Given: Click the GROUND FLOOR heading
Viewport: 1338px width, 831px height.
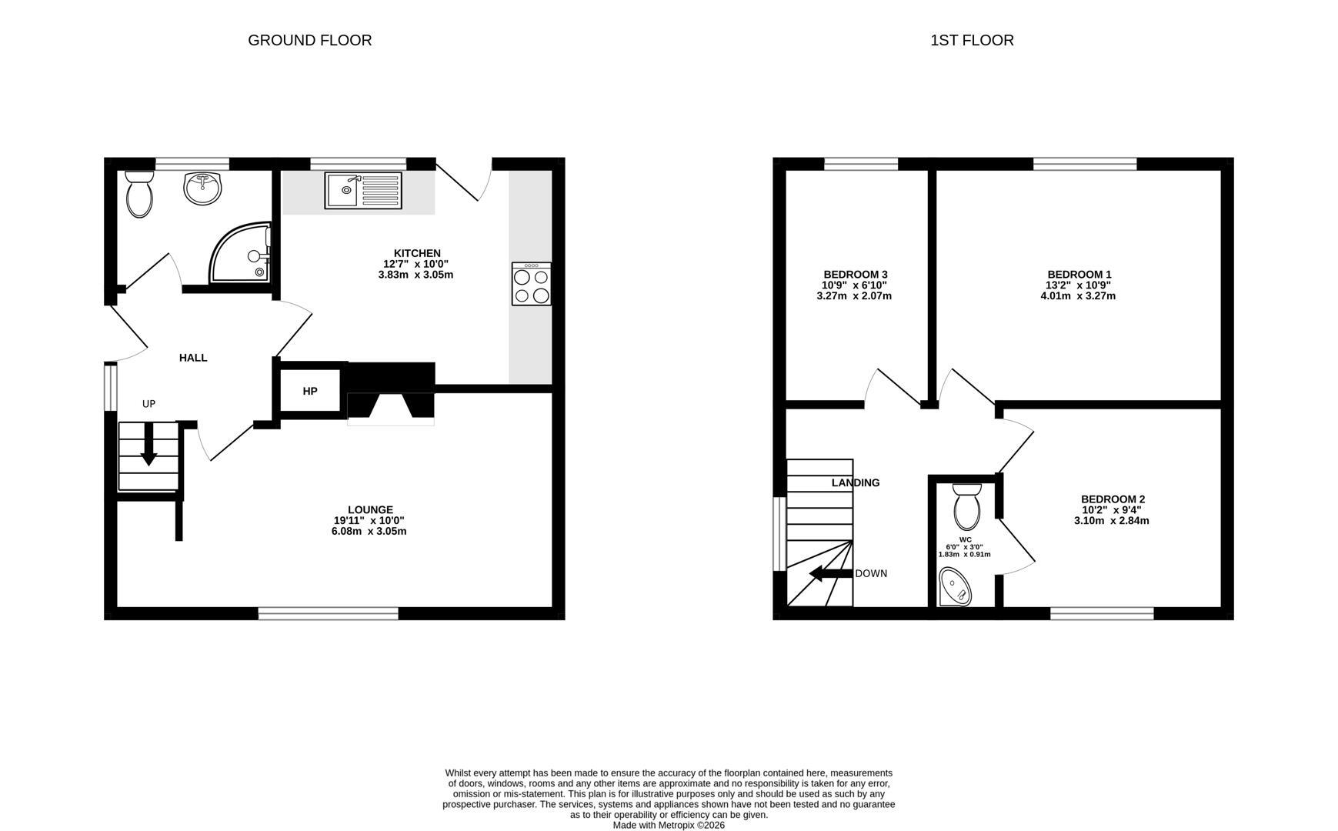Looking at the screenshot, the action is tap(309, 40).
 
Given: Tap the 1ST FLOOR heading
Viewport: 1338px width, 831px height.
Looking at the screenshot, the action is tap(972, 40).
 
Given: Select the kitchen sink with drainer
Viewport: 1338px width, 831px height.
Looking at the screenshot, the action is tap(363, 190).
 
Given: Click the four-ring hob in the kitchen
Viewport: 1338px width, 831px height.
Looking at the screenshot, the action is tap(531, 284).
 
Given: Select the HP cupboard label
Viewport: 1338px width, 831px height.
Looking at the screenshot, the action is tap(310, 391).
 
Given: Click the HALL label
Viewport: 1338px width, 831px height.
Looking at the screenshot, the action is tap(193, 358).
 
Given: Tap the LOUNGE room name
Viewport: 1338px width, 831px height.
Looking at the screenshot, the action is tap(370, 509).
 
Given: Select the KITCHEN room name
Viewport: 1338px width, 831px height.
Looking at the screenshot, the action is tap(417, 253).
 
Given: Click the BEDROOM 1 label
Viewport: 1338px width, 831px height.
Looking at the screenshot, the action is tap(1079, 275).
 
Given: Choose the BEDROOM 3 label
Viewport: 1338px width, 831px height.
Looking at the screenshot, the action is tap(856, 275).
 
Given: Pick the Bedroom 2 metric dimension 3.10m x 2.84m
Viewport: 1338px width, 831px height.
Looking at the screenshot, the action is tap(1111, 520).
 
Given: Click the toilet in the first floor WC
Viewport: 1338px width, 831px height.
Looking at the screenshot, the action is tap(966, 506).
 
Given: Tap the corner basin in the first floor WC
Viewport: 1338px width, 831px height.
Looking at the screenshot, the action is tap(956, 587).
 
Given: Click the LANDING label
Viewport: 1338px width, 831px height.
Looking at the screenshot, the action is tap(856, 483).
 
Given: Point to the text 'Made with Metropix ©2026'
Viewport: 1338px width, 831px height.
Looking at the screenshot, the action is tap(669, 825).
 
